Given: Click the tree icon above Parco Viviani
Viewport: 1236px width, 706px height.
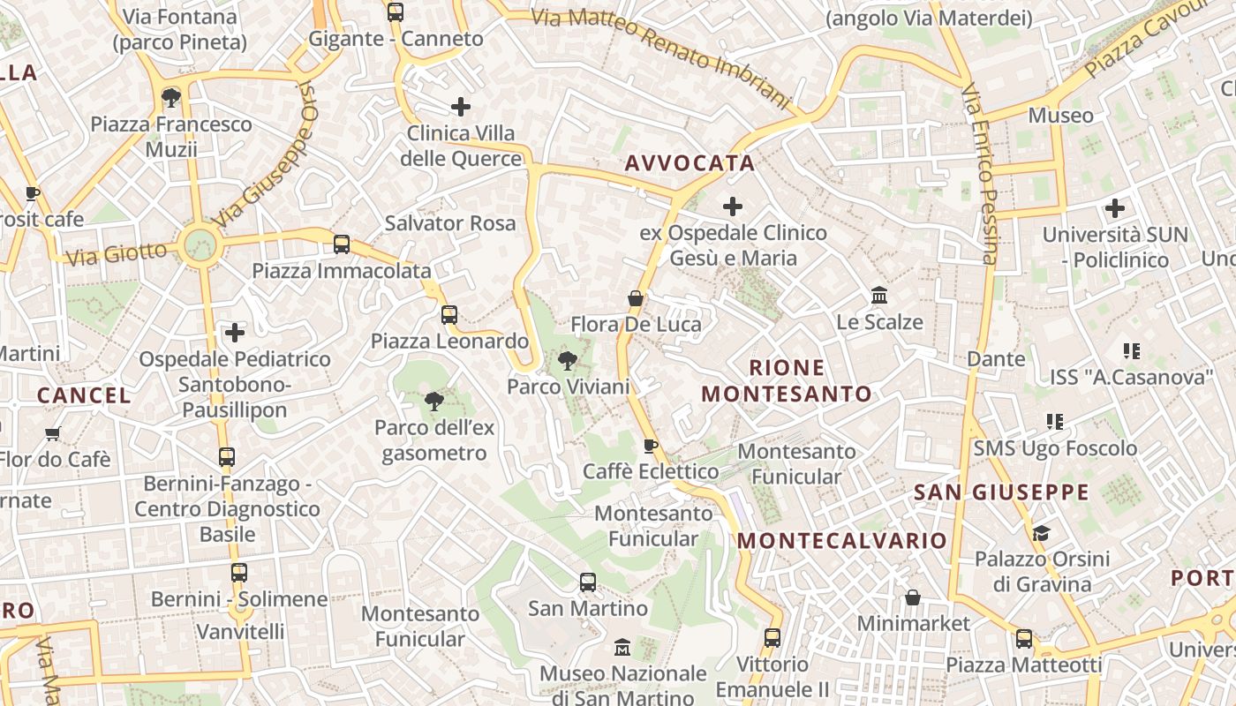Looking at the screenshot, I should pyautogui.click(x=568, y=360).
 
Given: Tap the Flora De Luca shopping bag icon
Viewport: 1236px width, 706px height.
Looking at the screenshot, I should pyautogui.click(x=635, y=298).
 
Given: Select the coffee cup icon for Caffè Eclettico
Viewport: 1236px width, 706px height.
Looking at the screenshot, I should pyautogui.click(x=651, y=446).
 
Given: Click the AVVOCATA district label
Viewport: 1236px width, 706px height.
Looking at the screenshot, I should pyautogui.click(x=690, y=162).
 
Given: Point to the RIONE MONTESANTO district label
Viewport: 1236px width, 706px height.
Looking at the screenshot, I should pyautogui.click(x=787, y=380).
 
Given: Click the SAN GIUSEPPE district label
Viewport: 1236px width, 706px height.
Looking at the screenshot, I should pyautogui.click(x=1001, y=492).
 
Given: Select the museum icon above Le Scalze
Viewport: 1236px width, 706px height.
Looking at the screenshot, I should pyautogui.click(x=879, y=296).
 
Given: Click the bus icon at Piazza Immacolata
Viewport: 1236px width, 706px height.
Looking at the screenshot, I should pyautogui.click(x=342, y=244).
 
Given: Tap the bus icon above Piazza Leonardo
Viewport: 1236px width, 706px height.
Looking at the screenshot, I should pyautogui.click(x=449, y=315).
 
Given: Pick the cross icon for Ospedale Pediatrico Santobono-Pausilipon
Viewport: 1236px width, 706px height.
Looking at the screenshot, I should pyautogui.click(x=235, y=333).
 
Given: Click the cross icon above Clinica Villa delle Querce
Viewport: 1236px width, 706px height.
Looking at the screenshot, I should pyautogui.click(x=460, y=107).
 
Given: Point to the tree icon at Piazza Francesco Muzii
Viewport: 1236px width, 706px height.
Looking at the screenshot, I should pyautogui.click(x=171, y=97).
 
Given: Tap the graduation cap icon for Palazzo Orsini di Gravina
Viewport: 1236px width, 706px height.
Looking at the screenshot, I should pyautogui.click(x=1042, y=533).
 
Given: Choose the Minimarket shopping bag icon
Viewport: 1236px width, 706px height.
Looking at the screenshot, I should pyautogui.click(x=913, y=597).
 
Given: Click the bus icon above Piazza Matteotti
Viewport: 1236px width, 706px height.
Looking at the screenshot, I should pyautogui.click(x=1024, y=638).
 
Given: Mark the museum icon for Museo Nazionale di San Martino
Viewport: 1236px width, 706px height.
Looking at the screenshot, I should pyautogui.click(x=622, y=647).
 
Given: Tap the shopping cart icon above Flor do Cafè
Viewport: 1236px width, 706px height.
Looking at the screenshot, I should pyautogui.click(x=53, y=433).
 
